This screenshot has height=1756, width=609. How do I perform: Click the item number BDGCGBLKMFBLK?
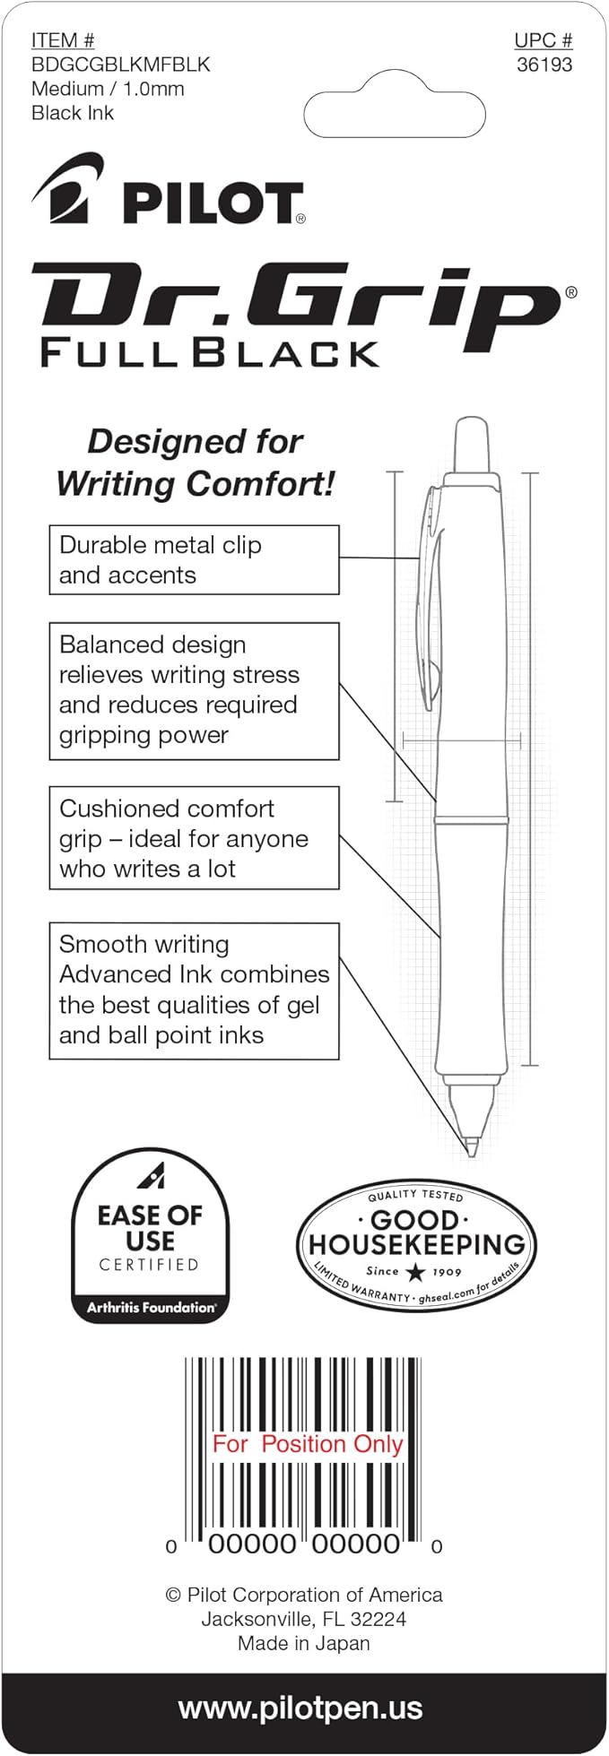(x=120, y=65)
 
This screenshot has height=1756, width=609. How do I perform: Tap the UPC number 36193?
(x=544, y=65)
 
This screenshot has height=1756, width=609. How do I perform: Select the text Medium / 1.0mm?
(x=108, y=89)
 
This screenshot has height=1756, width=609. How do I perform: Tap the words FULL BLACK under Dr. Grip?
(x=210, y=352)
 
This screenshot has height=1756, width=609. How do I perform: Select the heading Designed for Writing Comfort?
(x=195, y=463)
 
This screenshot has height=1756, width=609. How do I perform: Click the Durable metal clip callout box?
(x=194, y=560)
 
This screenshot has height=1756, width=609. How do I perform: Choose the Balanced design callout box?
(x=194, y=691)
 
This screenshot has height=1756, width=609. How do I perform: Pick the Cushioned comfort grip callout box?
(x=194, y=838)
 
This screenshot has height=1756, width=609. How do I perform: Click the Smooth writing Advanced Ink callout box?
(x=194, y=990)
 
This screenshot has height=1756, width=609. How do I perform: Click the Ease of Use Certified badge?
(x=150, y=1235)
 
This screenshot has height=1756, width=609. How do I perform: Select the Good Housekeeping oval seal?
(x=415, y=1245)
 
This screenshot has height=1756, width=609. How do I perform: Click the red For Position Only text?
(x=307, y=1444)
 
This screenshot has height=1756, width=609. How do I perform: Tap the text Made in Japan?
(x=303, y=1643)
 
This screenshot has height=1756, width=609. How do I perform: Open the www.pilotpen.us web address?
(x=300, y=1708)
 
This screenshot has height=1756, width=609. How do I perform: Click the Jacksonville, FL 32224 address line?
(x=303, y=1619)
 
